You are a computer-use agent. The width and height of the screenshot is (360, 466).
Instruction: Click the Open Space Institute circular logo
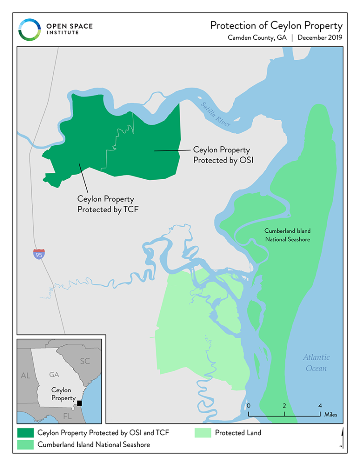[29, 29]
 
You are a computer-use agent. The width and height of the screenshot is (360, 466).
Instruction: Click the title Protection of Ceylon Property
[276, 25]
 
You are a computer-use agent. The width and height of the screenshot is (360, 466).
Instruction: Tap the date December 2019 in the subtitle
[320, 38]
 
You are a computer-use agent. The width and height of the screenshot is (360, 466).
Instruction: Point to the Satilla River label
[215, 115]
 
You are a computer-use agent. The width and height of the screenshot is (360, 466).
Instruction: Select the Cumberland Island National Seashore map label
[287, 235]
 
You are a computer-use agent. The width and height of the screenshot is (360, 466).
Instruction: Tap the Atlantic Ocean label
[316, 363]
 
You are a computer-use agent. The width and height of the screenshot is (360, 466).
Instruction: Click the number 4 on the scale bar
[320, 406]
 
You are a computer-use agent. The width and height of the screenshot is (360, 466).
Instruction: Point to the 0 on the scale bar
[248, 406]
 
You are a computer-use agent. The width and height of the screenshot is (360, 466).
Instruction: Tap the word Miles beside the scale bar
[331, 415]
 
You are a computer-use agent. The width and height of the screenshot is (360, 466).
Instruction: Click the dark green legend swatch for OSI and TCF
[25, 432]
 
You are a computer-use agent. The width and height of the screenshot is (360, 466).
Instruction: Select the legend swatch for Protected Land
[203, 432]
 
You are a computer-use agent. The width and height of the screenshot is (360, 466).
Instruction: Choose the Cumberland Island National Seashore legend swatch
[25, 445]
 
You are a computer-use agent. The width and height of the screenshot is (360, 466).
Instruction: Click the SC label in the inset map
[85, 361]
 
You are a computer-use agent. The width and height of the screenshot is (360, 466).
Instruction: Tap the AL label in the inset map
[25, 376]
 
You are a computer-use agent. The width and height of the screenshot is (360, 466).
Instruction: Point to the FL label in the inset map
[67, 416]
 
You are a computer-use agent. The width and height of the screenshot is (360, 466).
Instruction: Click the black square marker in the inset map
[79, 403]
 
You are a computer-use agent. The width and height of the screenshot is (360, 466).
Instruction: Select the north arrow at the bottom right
[341, 438]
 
